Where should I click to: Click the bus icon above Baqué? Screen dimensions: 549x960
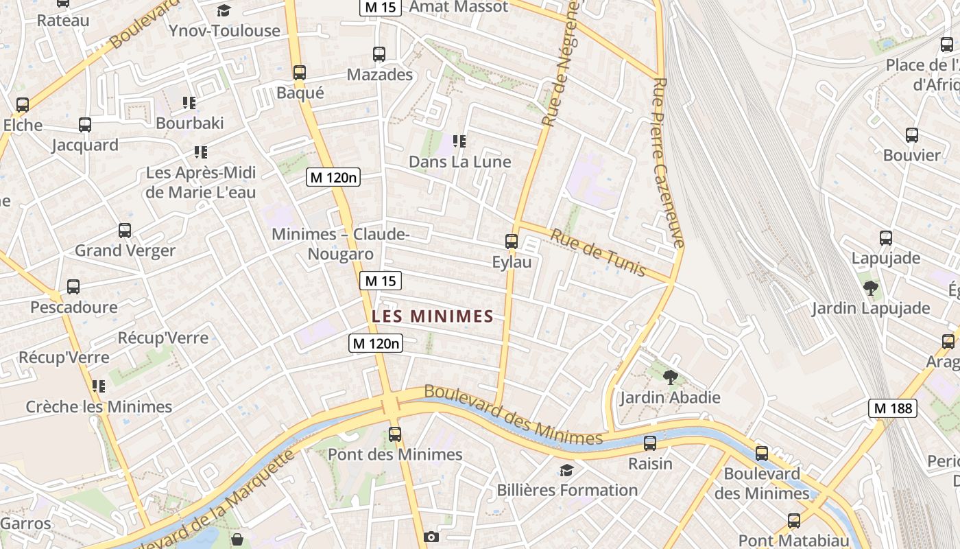299,73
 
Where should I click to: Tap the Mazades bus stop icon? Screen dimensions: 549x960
379,54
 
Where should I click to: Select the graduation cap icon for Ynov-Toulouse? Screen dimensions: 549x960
224,10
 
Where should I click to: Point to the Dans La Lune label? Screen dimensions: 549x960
459,162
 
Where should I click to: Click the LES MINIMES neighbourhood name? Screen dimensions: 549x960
432,316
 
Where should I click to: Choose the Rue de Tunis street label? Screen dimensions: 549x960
599,253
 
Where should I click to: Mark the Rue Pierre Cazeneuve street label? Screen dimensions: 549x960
669,162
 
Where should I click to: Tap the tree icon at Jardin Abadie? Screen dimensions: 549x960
671,377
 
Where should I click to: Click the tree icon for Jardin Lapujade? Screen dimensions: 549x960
871,288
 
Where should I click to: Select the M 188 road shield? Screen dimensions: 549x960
892,408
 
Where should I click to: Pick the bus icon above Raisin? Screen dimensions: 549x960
650,443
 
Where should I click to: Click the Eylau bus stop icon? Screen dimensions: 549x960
512,242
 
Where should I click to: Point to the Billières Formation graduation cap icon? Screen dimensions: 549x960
566,470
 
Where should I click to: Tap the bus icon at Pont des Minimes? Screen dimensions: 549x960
394,434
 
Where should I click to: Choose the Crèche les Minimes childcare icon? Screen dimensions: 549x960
99,386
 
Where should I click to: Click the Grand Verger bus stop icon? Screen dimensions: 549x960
125,231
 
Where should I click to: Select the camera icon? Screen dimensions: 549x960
431,537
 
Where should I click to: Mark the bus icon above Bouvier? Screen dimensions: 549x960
911,135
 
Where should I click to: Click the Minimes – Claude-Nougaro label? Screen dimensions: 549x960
341,244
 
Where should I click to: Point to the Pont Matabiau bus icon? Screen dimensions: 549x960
793,521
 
